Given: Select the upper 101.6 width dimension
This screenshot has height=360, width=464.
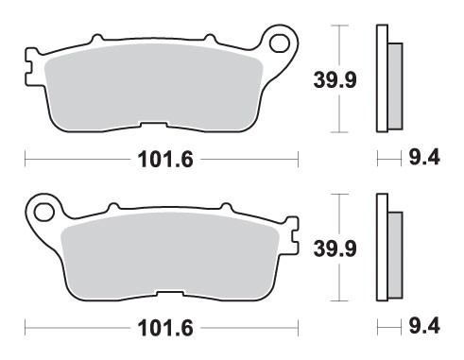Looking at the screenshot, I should [x=162, y=160].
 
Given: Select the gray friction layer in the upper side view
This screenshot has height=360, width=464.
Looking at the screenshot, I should [x=394, y=85].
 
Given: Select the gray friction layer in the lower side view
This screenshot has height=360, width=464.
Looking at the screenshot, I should [x=394, y=252].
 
